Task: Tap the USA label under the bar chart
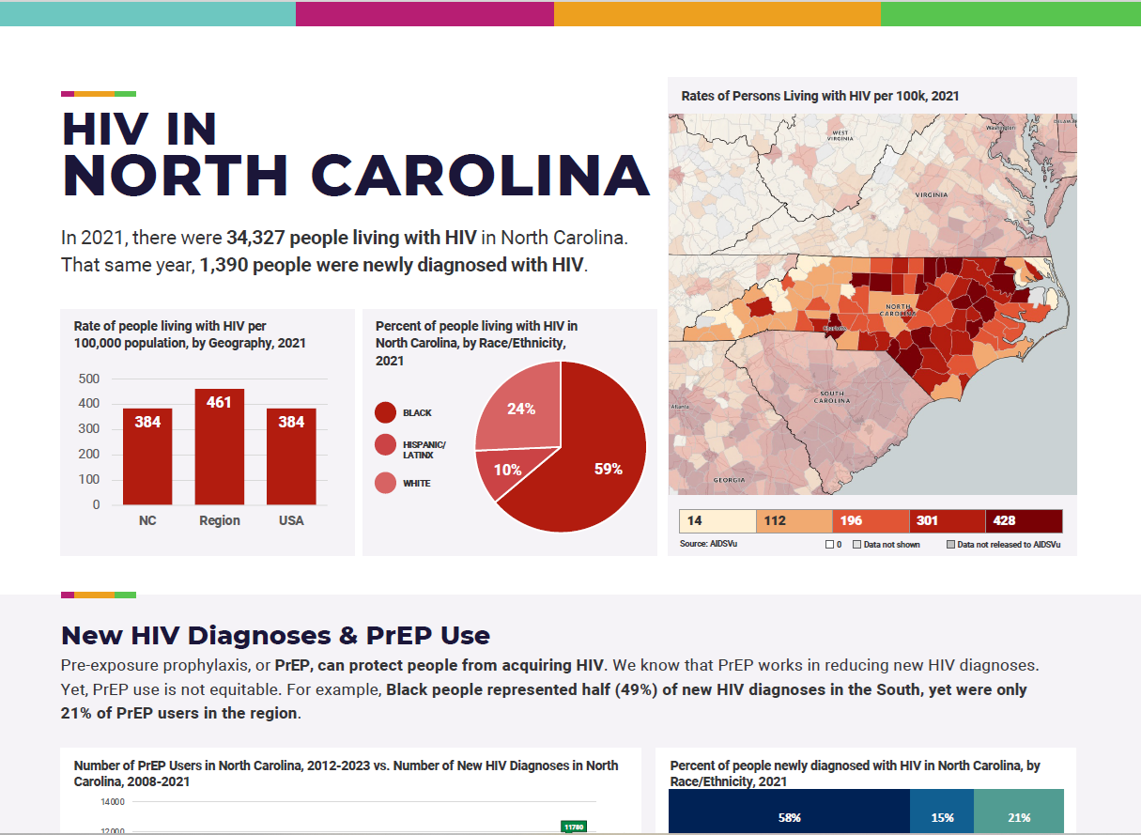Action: coord(291,520)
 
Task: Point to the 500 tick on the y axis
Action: coord(89,379)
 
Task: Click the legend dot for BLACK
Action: coord(385,412)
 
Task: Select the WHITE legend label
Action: coord(416,484)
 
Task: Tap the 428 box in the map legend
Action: coord(1024,520)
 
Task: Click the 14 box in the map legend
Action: coord(717,520)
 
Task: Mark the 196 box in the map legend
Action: coord(871,520)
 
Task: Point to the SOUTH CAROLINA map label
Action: coord(831,397)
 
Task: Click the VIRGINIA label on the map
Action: coord(932,193)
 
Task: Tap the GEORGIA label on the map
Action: coord(729,480)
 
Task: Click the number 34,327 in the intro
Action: coord(254,238)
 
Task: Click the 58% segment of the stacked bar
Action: coord(789,817)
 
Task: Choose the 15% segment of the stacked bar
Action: coord(942,817)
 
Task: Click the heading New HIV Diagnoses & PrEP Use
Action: coord(275,635)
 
